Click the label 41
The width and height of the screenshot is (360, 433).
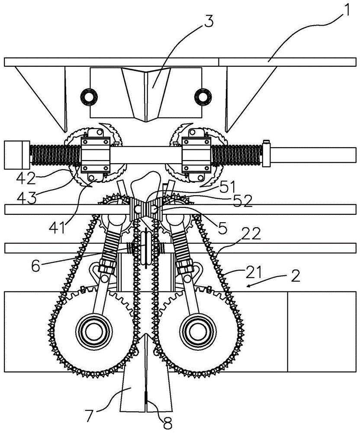pyautogui.click(x=58, y=228)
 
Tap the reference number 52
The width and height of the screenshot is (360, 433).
pyautogui.click(x=243, y=202)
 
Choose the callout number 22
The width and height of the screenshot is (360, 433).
pyautogui.click(x=251, y=234)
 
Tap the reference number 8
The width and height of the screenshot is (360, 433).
pyautogui.click(x=167, y=422)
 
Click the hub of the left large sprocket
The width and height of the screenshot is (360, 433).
pyautogui.click(x=93, y=330)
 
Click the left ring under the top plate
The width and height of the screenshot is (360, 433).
pyautogui.click(x=89, y=97)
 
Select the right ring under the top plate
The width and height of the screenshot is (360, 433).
pyautogui.click(x=203, y=97)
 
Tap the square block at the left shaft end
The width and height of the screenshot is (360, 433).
pyautogui.click(x=17, y=155)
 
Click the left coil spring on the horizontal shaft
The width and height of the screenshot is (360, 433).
pyautogui.click(x=55, y=155)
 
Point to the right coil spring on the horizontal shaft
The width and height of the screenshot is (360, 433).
pyautogui.click(x=237, y=155)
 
